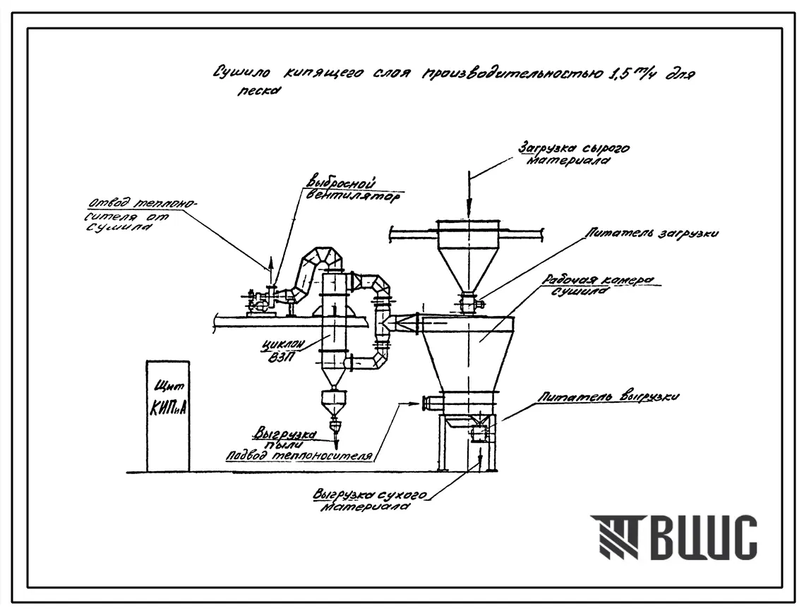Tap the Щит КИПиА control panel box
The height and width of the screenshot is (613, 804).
click(x=168, y=415)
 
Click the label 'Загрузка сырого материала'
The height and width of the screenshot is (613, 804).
click(x=573, y=154)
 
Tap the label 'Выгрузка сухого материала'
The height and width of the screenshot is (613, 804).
click(x=369, y=500)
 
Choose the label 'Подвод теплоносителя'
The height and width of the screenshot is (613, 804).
click(x=299, y=456)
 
